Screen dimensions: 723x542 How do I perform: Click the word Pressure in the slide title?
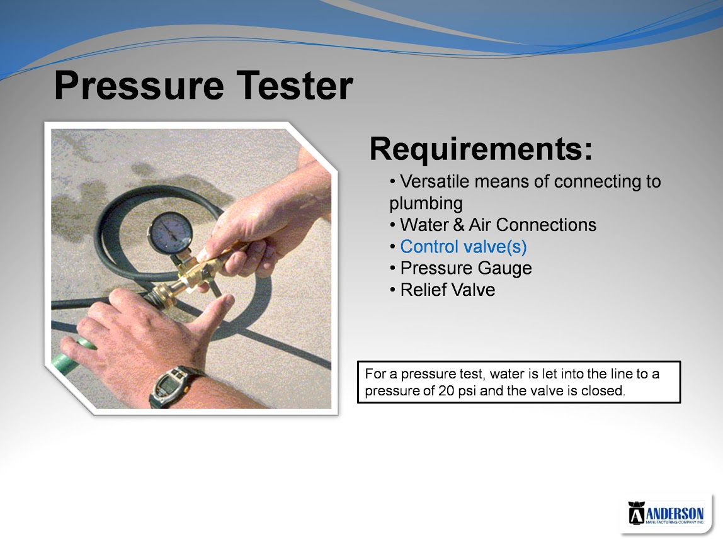pos(139,86)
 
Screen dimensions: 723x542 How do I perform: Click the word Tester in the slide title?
pos(295,85)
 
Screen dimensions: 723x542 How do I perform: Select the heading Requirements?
pos(481,150)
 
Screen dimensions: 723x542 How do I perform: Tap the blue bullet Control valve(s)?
pos(464,247)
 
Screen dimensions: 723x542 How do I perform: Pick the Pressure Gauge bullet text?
pos(466,268)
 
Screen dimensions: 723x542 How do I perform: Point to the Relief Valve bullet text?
pos(448,290)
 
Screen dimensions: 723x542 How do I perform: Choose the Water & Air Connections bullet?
pos(498,225)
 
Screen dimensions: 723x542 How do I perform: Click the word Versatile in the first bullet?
pos(435,181)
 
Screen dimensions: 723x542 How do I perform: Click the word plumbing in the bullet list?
pos(426,203)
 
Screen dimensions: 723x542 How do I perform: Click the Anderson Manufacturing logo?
pos(666,513)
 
